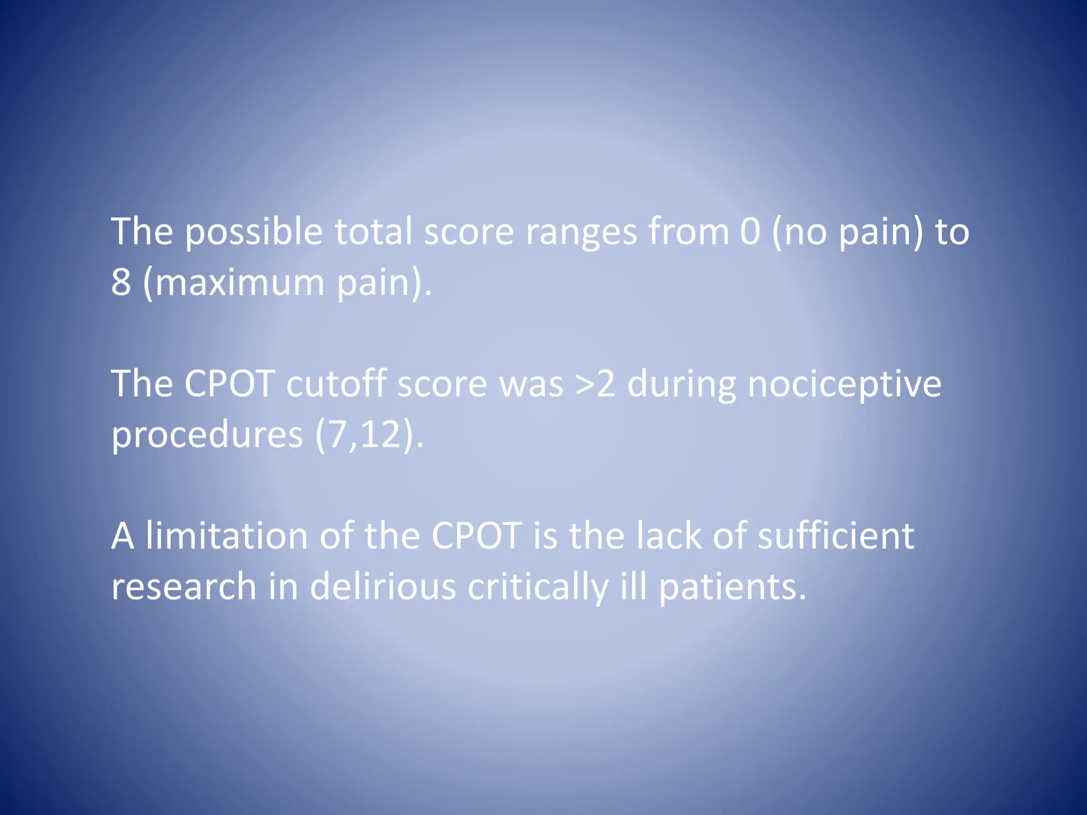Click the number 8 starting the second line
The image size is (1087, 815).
(121, 282)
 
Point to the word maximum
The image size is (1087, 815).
(239, 282)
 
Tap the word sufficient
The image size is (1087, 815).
(835, 535)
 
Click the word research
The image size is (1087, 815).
(184, 586)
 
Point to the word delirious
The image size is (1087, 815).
(383, 586)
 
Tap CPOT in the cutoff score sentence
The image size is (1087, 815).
(229, 384)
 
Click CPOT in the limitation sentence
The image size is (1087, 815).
(476, 535)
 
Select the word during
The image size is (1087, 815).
(681, 385)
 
